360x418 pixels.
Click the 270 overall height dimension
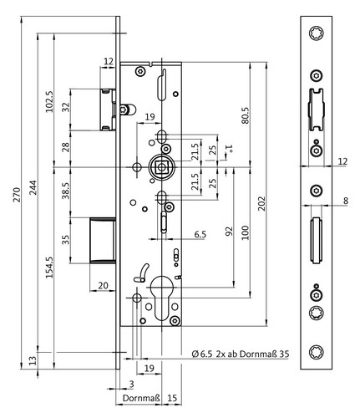click(17, 195)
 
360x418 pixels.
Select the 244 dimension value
click(33, 187)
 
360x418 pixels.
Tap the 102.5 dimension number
click(49, 101)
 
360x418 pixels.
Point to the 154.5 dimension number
click(49, 268)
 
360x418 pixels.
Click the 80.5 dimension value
click(246, 115)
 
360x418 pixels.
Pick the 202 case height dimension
click(261, 204)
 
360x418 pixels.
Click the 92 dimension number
click(229, 232)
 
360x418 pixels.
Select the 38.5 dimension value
click(66, 191)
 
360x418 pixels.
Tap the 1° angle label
click(230, 149)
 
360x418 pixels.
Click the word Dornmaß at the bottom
click(141, 398)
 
